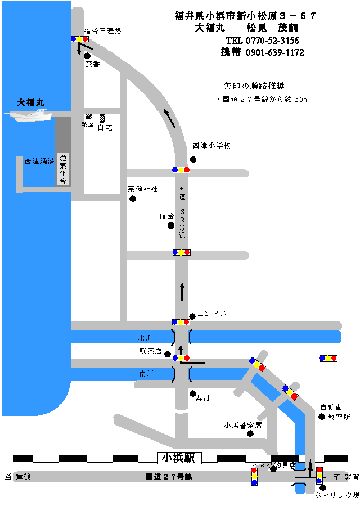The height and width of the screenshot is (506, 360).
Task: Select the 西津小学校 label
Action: click(211, 146)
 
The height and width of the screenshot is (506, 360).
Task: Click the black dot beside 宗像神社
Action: click(133, 199)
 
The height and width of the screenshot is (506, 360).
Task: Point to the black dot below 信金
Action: click(171, 226)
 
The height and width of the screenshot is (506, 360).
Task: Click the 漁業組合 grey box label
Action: click(63, 169)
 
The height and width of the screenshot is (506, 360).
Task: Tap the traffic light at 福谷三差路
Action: click(80, 39)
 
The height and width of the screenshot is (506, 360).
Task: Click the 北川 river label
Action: click(145, 338)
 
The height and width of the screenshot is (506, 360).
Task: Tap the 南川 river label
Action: click(146, 373)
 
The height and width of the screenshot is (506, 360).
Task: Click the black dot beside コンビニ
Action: click(192, 316)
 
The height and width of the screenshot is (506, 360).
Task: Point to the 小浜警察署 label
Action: click(243, 425)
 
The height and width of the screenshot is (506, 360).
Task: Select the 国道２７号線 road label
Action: click(169, 477)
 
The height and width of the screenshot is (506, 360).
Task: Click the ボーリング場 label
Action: click(337, 495)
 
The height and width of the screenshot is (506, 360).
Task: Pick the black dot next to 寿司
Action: click(192, 393)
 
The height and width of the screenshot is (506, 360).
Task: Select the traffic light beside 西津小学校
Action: click(181, 169)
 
